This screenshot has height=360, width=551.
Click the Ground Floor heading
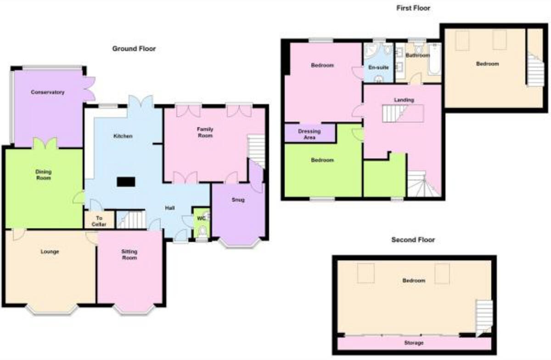(134, 48)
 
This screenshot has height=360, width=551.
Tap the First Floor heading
(413, 8)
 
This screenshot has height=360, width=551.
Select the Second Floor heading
(413, 240)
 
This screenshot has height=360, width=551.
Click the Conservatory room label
(48, 92)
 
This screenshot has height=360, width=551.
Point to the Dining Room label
(44, 174)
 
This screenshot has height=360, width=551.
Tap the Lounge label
(50, 252)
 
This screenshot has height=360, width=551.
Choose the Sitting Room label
(129, 255)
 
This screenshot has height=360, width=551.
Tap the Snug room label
(238, 200)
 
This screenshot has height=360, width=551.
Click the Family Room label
(205, 132)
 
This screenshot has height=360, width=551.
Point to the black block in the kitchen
(126, 182)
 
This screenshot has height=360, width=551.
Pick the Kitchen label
(124, 136)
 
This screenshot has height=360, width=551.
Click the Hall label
(170, 208)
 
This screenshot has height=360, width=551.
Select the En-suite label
(378, 67)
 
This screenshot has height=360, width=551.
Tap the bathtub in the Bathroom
(434, 60)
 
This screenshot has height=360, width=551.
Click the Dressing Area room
(309, 134)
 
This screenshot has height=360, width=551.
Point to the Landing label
(404, 100)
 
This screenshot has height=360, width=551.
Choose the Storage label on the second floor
(414, 343)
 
